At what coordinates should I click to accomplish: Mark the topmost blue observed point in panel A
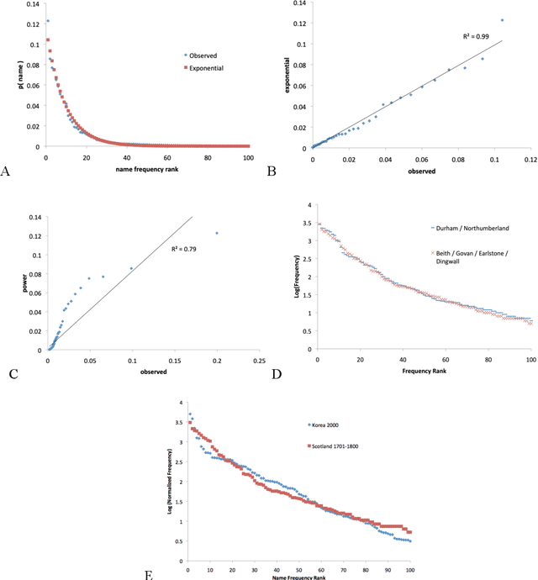(47, 21)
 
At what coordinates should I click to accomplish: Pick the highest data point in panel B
(502, 20)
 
